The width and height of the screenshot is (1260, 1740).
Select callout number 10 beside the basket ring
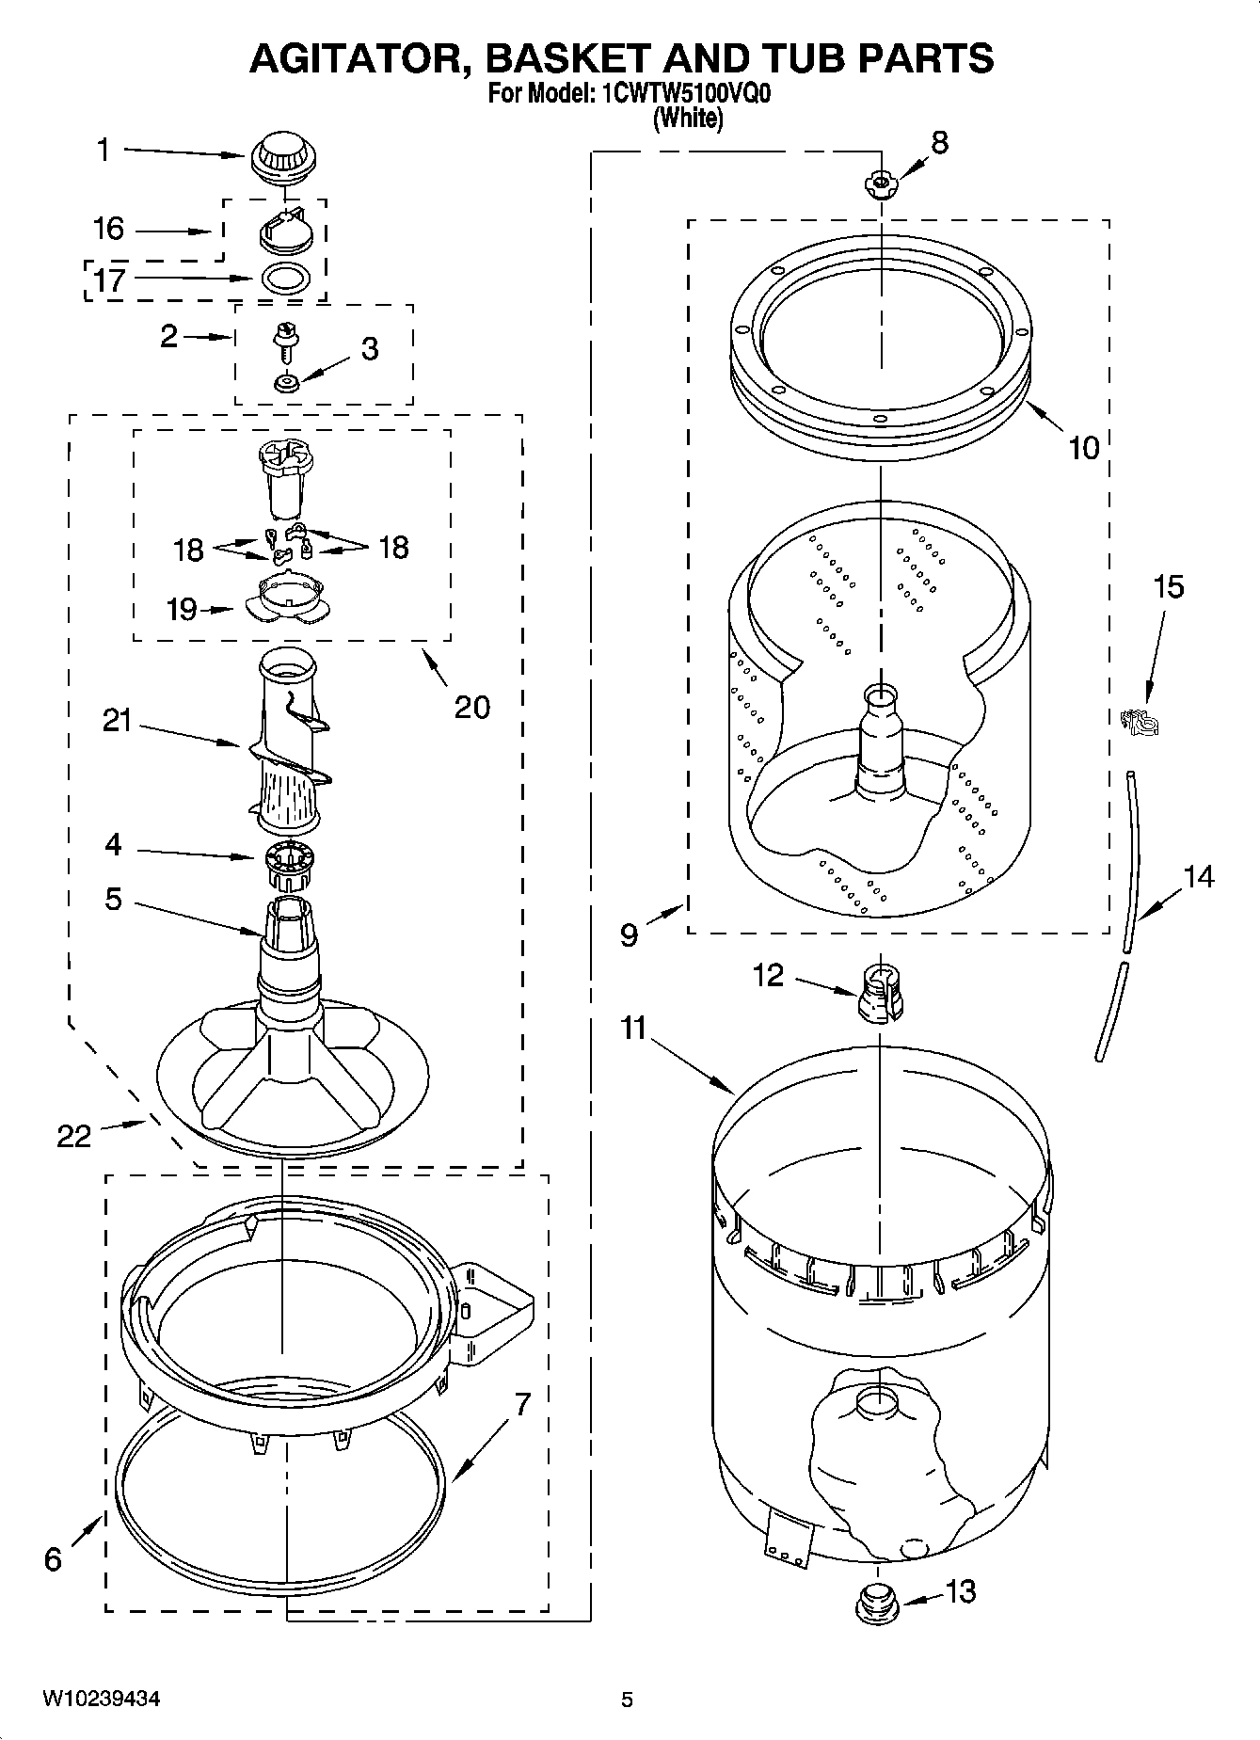coord(1084,448)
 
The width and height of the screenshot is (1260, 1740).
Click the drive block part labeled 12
coord(881,994)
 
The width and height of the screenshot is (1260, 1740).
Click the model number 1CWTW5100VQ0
coord(680,95)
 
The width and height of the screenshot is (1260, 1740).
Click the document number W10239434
coord(100,1699)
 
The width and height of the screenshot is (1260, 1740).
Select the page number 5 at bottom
coord(627,1700)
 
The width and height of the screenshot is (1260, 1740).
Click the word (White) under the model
coord(689,119)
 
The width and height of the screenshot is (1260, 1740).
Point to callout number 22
coord(73,1136)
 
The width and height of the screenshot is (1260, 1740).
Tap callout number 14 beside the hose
coord(1198,876)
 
